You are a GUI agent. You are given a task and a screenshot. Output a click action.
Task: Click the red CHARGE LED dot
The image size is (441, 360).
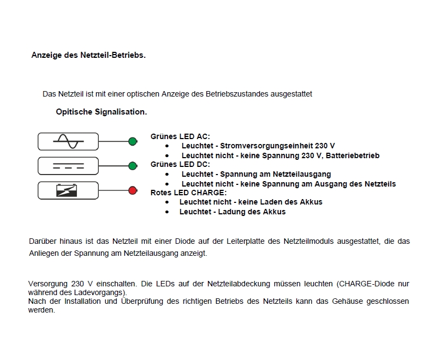pyautogui.click(x=132, y=190)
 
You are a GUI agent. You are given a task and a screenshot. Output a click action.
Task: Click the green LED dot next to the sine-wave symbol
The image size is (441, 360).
pyautogui.click(x=132, y=142)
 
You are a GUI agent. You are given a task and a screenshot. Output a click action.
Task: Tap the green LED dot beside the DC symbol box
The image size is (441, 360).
pyautogui.click(x=132, y=166)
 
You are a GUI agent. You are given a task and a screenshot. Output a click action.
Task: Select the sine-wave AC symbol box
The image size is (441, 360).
pyautogui.click(x=68, y=141)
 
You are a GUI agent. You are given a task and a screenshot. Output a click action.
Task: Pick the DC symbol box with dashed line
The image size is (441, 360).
pyautogui.click(x=68, y=166)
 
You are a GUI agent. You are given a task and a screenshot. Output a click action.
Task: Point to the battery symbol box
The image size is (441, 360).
pyautogui.click(x=68, y=190)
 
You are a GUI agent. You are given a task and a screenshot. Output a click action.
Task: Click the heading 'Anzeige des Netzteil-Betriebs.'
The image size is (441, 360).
pyautogui.click(x=88, y=55)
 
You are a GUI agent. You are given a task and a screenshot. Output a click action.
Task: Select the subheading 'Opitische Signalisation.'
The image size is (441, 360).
pyautogui.click(x=101, y=112)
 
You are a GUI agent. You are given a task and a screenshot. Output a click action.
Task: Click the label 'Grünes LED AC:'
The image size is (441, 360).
pyautogui.click(x=180, y=137)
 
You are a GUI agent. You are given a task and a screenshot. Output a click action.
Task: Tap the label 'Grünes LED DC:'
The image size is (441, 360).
pyautogui.click(x=180, y=164)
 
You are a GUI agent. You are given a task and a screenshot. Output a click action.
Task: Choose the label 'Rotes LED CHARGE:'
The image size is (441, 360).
pyautogui.click(x=188, y=193)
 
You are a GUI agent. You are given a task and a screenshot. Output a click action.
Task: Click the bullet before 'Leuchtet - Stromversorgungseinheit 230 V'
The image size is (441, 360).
pyautogui.click(x=167, y=146)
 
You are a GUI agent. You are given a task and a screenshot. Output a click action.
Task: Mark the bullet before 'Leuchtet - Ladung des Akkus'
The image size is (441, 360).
pyautogui.click(x=167, y=212)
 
